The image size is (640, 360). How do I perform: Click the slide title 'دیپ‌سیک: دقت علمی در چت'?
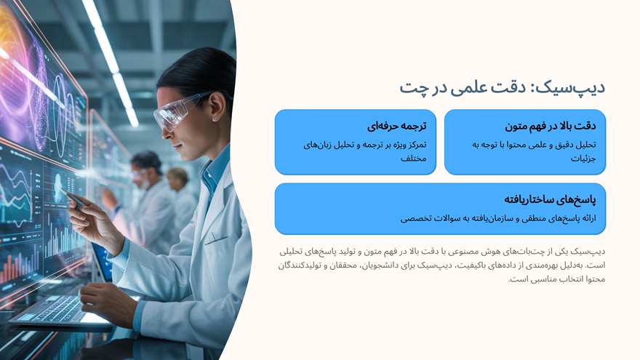tap(502, 88)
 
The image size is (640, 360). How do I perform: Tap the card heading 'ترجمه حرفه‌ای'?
tap(396, 126)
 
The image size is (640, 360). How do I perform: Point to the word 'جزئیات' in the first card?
tap(583, 159)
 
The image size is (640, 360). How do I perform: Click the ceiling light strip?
tap(109, 58)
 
